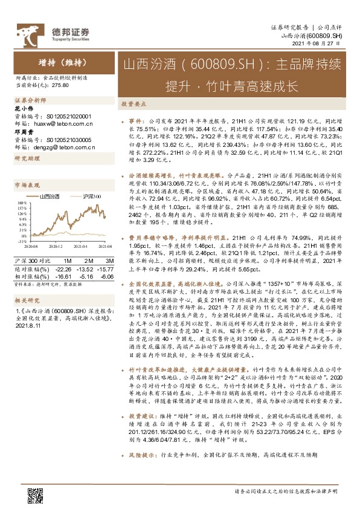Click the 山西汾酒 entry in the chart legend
[x=51, y=196]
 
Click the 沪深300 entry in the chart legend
[x=91, y=196]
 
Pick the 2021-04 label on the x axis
[x=81, y=247]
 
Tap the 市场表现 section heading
[x=27, y=184]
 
